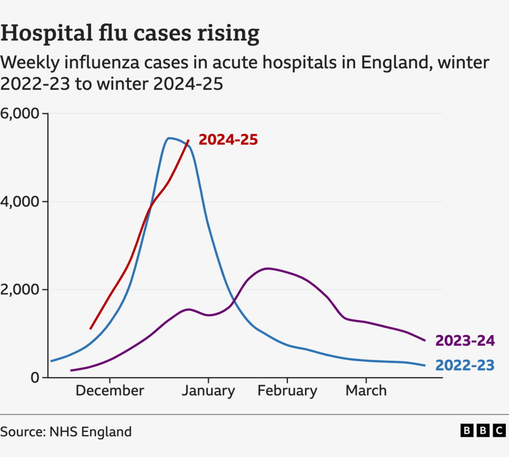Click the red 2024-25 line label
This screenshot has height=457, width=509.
[x=228, y=140]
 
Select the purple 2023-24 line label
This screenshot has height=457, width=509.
[x=465, y=341]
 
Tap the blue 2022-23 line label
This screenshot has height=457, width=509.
[x=465, y=365]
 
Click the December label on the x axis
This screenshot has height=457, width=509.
[x=110, y=391]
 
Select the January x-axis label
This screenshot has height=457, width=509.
[x=208, y=391]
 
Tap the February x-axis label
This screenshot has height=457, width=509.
[x=287, y=391]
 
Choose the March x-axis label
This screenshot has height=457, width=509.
[x=366, y=391]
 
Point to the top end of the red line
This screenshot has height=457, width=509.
[x=188, y=140]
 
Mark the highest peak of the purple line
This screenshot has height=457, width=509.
[x=267, y=269]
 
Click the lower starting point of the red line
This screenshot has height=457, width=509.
[x=91, y=329]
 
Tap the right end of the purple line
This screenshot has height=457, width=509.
[x=425, y=341]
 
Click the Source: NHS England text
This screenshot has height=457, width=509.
[x=66, y=432]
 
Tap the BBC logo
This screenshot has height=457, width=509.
[x=483, y=431]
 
